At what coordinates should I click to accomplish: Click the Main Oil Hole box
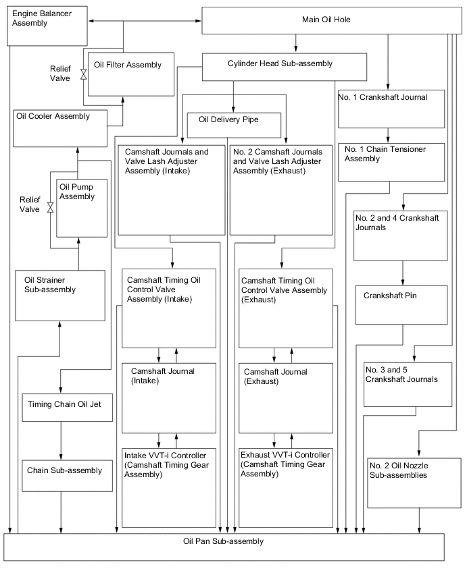[326, 20]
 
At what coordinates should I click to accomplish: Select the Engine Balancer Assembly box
[48, 26]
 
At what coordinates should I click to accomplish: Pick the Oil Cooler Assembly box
[60, 129]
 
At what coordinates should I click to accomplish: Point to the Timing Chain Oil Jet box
[68, 407]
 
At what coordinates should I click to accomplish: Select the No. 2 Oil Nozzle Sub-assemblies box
[414, 483]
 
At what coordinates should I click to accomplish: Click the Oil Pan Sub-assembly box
[224, 547]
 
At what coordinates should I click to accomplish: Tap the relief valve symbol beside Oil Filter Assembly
[84, 74]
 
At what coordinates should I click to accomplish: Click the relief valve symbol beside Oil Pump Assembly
[51, 209]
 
